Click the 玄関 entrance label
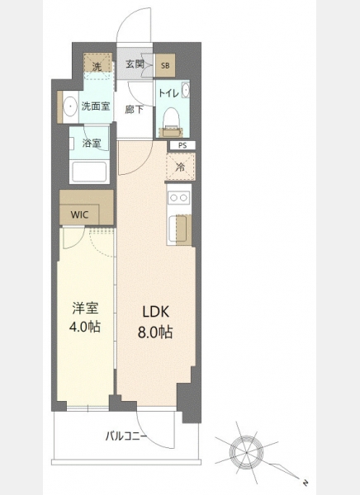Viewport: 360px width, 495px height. pos(135,64)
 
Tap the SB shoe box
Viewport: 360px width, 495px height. pos(165,65)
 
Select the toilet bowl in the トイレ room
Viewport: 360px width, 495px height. pos(172,120)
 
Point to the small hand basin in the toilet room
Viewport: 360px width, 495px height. pos(186,90)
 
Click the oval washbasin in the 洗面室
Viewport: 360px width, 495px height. pos(70,106)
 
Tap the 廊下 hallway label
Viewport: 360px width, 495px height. pos(134,110)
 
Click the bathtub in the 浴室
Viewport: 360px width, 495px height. pos(89,172)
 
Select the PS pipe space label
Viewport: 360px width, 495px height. pos(182,145)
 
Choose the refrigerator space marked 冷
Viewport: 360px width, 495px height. pos(181,167)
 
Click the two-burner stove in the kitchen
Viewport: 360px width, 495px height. pos(179,198)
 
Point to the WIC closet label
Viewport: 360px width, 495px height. pos(79,215)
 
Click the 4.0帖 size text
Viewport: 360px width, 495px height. pos(85,327)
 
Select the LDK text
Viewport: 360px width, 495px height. pos(156,312)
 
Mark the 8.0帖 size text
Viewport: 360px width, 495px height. pos(155,332)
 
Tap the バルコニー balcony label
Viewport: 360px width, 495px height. pos(126,436)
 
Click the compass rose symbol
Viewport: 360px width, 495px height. pos(247,452)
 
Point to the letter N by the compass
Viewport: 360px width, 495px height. pos(305,483)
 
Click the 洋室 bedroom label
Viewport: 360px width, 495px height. pos(85,309)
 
